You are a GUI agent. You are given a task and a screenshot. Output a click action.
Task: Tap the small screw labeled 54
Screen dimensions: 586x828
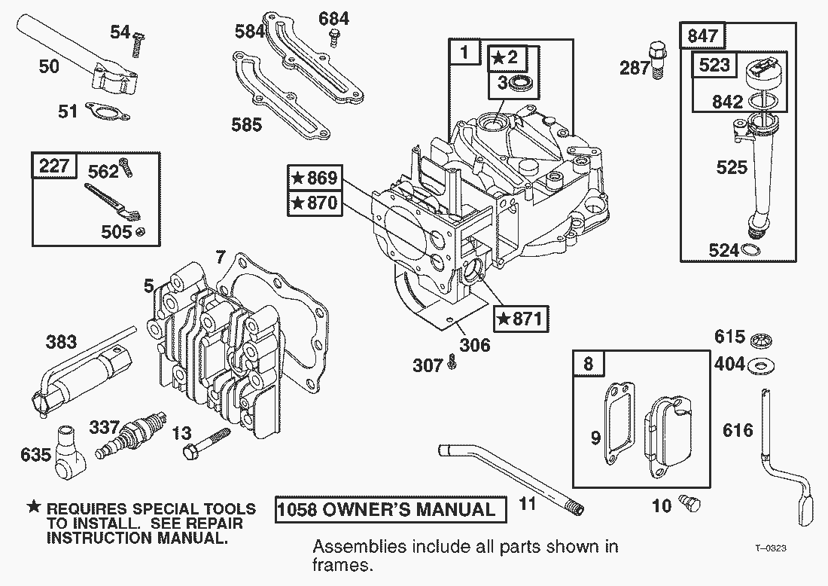pos(137,44)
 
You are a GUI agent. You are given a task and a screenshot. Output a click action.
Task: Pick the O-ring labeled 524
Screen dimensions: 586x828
pos(752,250)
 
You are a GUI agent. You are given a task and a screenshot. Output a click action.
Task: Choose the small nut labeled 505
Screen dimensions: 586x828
pos(139,231)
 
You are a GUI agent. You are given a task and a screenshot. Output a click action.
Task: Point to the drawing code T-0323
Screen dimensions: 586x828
pos(771,548)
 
